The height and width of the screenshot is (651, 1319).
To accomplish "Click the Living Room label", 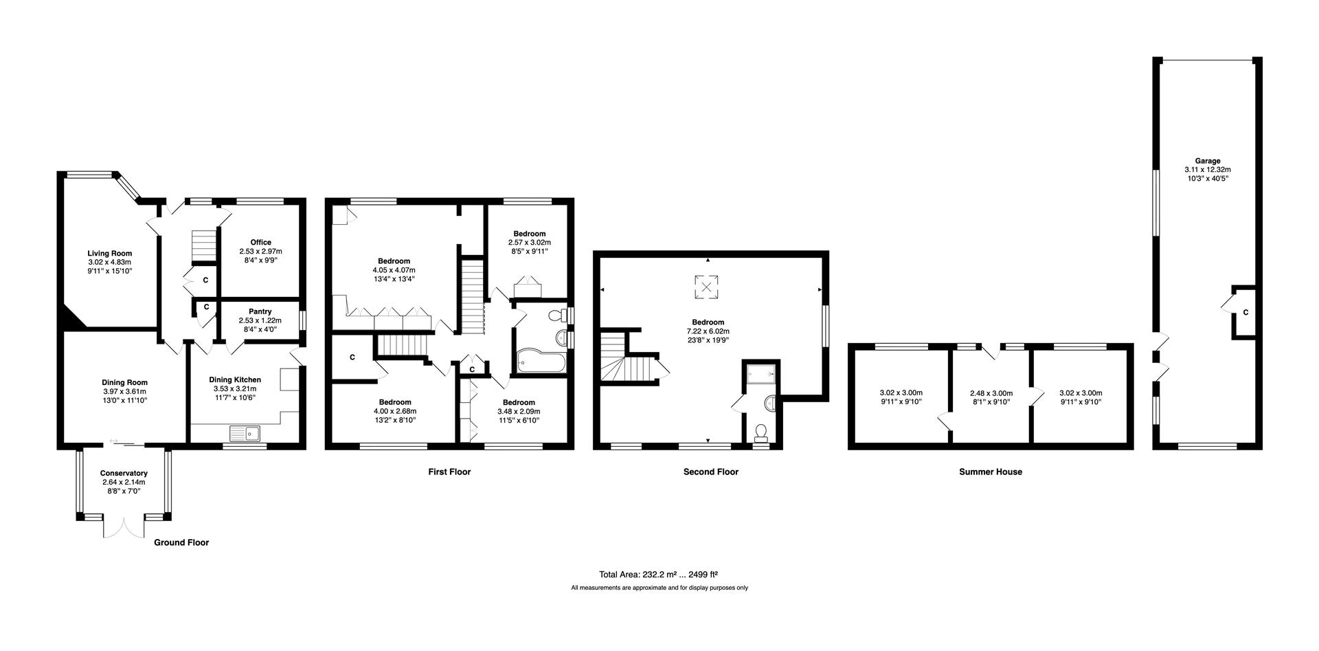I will (x=109, y=253).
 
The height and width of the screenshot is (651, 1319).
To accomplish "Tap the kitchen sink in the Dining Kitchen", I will (x=245, y=433).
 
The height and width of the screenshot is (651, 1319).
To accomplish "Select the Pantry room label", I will (x=260, y=311).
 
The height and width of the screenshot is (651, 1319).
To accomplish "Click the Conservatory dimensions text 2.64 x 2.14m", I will (x=124, y=482).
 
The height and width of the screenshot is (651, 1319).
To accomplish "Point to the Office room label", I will (x=260, y=242).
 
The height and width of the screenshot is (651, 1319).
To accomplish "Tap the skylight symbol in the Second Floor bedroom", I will (x=707, y=287).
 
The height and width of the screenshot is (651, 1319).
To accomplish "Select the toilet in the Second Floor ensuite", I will (x=760, y=432).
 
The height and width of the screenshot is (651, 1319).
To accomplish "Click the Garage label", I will (x=1207, y=161).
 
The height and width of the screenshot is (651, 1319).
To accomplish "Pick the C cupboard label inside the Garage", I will (x=1245, y=313).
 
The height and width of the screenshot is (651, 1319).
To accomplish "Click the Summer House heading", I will (x=990, y=472).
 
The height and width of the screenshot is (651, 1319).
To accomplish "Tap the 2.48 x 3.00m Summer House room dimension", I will (x=991, y=393).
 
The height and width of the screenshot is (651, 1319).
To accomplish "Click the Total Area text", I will (x=658, y=574).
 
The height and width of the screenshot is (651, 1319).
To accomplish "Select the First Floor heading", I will (x=449, y=472).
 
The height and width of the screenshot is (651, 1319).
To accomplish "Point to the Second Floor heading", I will (x=710, y=472).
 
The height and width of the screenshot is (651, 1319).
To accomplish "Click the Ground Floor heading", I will (x=181, y=542).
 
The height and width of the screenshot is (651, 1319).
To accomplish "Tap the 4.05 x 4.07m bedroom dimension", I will (x=394, y=270).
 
